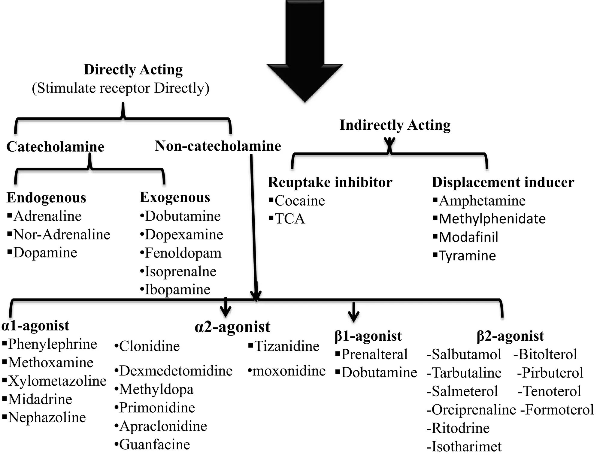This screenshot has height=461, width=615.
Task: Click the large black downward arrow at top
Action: click(305, 51)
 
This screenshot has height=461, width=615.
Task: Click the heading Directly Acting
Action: click(133, 70)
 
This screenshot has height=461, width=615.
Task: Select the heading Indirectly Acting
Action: click(395, 125)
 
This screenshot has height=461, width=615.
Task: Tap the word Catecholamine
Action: click(55, 147)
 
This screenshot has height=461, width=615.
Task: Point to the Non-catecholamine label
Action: click(218, 146)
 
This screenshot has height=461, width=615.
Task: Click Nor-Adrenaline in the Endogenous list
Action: click(62, 234)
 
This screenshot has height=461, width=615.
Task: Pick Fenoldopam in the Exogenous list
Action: click(183, 253)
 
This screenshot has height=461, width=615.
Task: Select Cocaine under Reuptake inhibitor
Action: click(299, 201)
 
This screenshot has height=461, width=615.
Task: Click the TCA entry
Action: click(289, 219)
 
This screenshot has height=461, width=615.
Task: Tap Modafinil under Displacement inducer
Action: click(468, 237)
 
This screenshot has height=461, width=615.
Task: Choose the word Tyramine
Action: click(467, 256)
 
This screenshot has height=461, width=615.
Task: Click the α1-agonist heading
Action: click(35, 326)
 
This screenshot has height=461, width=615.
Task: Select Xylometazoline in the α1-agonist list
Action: click(57, 381)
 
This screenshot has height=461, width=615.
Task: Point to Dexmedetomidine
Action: click(176, 371)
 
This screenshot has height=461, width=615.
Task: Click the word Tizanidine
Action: click(287, 346)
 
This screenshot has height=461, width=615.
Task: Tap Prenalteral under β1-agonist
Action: click(374, 354)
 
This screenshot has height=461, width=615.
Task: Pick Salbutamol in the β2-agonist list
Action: click(466, 354)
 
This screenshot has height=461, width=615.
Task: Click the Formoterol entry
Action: click(559, 410)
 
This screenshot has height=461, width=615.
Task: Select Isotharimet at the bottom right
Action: click(466, 447)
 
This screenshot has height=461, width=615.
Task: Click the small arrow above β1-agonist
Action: click(353, 312)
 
